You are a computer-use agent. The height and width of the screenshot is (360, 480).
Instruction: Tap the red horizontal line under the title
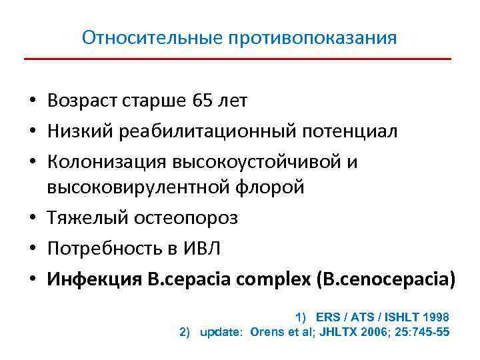tap(238, 59)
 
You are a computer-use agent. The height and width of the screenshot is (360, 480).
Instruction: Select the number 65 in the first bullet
tap(199, 101)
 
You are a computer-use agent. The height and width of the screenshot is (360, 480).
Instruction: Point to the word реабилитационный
tap(204, 131)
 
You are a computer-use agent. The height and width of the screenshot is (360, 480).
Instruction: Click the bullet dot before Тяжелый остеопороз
tap(31, 219)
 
